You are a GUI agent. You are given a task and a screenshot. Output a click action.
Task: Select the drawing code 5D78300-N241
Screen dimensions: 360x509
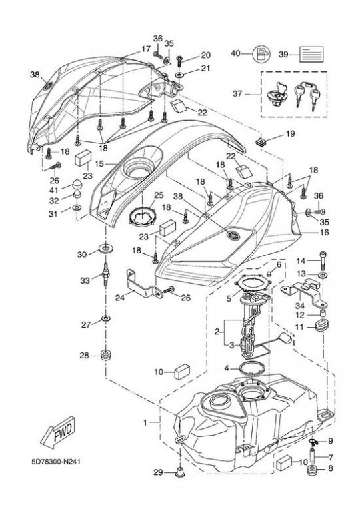tap(55, 462)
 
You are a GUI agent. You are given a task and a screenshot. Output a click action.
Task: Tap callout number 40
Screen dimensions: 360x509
tap(235, 53)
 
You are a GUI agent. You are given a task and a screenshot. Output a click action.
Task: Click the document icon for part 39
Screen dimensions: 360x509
tap(311, 54)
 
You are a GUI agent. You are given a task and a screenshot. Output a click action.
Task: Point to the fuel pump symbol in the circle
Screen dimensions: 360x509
tap(261, 53)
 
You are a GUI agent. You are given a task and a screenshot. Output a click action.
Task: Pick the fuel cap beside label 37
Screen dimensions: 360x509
tap(277, 95)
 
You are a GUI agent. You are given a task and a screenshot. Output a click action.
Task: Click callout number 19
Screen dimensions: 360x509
tap(290, 133)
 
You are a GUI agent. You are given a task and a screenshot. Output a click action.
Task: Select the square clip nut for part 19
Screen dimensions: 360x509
tap(260, 141)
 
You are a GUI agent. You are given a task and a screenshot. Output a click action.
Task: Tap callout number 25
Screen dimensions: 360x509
tap(159, 195)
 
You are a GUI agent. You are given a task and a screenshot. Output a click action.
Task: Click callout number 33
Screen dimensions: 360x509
tap(85, 280)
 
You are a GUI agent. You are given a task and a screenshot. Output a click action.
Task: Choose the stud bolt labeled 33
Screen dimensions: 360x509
tap(105, 274)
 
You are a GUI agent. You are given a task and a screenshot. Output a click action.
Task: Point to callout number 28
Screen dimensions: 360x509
tap(84, 356)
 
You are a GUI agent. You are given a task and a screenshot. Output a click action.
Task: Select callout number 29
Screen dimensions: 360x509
tap(158, 472)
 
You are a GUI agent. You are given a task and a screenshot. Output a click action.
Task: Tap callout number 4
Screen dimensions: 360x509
tap(227, 368)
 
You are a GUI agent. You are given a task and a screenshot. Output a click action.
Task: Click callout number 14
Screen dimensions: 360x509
tap(301, 260)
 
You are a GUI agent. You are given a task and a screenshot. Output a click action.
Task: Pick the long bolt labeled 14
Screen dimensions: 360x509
tap(323, 260)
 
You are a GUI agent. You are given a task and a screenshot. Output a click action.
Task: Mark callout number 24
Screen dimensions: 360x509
tap(120, 297)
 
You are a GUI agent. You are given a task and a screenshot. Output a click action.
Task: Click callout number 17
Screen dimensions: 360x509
tap(146, 49)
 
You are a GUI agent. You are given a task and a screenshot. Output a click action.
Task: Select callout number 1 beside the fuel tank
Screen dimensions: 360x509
tap(145, 422)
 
